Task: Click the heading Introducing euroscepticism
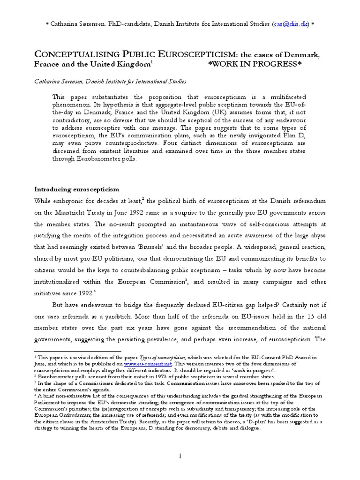[77, 189]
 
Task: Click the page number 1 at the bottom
[180, 456]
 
